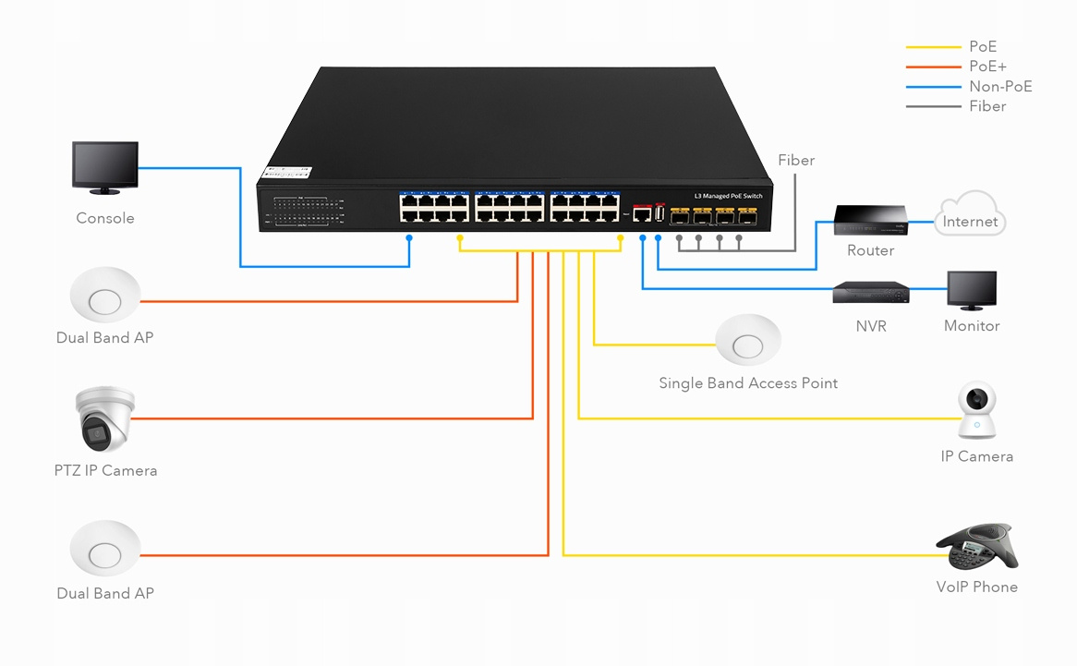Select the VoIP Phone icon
pyautogui.click(x=976, y=547)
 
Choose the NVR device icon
pyautogui.click(x=870, y=293)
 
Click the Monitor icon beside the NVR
pyautogui.click(x=972, y=290)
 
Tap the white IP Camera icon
pyautogui.click(x=976, y=411)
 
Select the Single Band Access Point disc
pyautogui.click(x=748, y=344)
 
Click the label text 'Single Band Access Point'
pyautogui.click(x=748, y=383)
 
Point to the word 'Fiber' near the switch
pyautogui.click(x=796, y=161)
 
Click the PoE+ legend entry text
pyautogui.click(x=987, y=67)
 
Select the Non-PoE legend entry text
pyautogui.click(x=1000, y=87)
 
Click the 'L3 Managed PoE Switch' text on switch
pyautogui.click(x=728, y=197)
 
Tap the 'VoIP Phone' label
pyautogui.click(x=976, y=587)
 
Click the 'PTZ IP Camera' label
pyautogui.click(x=105, y=471)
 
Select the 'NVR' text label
pyautogui.click(x=870, y=326)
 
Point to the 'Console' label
pyautogui.click(x=105, y=219)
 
